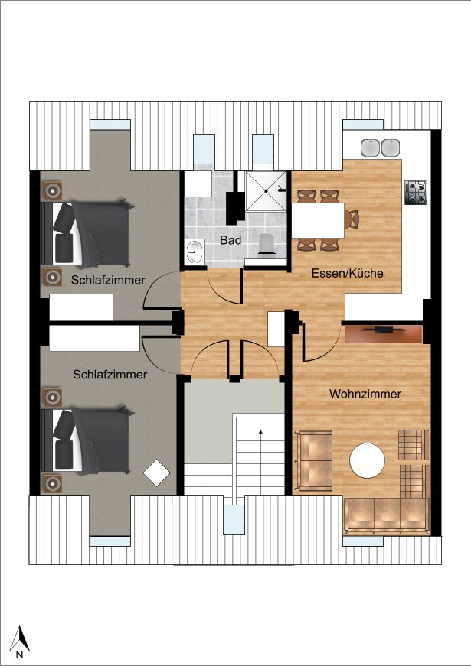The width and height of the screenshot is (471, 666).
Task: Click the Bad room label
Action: click(x=231, y=240)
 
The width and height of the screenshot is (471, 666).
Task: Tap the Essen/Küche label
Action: click(x=347, y=273)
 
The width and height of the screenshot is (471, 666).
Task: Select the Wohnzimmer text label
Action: click(x=365, y=394)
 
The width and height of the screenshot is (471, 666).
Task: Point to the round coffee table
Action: click(x=367, y=460)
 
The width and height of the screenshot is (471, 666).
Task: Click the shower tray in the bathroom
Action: click(x=267, y=191)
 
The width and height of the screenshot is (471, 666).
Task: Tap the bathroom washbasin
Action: click(x=195, y=251)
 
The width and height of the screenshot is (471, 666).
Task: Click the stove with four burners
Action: click(x=416, y=193)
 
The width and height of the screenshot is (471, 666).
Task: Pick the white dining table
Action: click(x=318, y=220)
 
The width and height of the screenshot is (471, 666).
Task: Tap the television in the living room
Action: click(x=384, y=329)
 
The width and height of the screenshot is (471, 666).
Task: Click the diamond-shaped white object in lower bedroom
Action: click(x=156, y=473)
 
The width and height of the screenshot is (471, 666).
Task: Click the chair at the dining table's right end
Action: click(x=352, y=220)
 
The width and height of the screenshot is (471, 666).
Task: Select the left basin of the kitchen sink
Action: click(x=370, y=148)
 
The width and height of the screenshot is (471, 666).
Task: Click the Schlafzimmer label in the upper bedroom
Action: click(x=108, y=280)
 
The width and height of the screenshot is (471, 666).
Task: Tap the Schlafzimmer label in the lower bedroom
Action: click(x=110, y=375)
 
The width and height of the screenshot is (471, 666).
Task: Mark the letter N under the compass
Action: click(x=19, y=655)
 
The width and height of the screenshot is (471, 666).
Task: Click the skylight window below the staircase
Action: click(x=234, y=519)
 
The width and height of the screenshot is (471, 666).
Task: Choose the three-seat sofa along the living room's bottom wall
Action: click(x=386, y=516)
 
